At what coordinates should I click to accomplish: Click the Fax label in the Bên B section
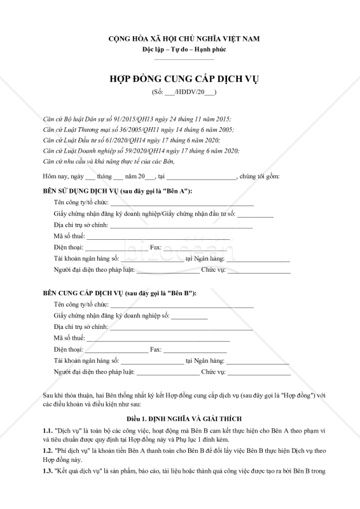coord(155,349)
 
